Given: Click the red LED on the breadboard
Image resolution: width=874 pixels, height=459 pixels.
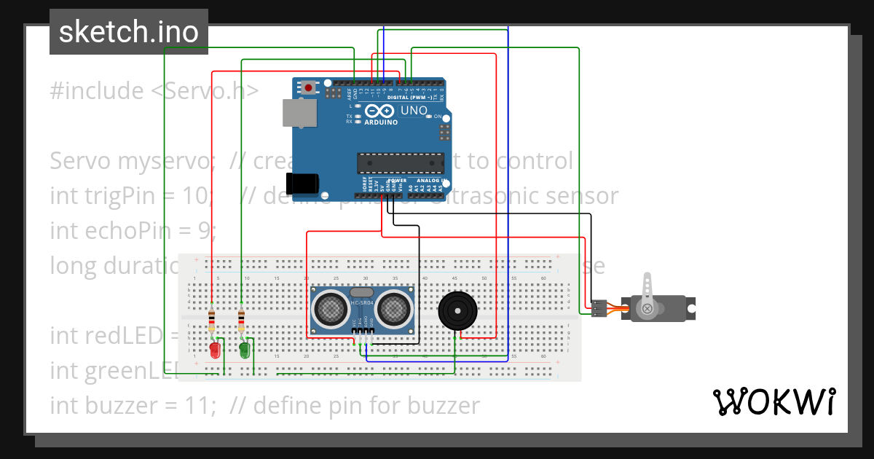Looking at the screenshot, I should coord(215,350).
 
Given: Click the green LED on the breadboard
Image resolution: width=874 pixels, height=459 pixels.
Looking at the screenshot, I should coord(245,350).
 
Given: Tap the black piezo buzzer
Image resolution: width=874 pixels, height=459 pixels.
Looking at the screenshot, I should coord(457,311).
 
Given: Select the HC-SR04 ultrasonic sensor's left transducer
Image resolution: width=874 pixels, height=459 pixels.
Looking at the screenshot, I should coord(331,307).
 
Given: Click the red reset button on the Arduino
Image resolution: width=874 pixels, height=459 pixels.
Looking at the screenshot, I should coord(309,88).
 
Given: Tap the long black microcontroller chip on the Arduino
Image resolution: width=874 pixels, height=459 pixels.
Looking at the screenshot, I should coord(400,165).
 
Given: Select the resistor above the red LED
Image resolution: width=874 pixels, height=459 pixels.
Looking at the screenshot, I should coord(212,318).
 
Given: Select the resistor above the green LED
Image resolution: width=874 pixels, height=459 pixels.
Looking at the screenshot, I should coord(242,318).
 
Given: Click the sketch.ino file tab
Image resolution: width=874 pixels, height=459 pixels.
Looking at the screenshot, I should coord(129,32).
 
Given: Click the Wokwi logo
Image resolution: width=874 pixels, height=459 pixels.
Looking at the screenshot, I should coord(773,401).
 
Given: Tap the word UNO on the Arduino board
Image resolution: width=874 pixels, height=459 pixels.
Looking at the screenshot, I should coord(414,110).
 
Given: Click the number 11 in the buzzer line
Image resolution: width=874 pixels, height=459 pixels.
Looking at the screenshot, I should coord(204,405).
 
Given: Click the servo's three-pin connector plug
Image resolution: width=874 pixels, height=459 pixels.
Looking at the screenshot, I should coord(599,308).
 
